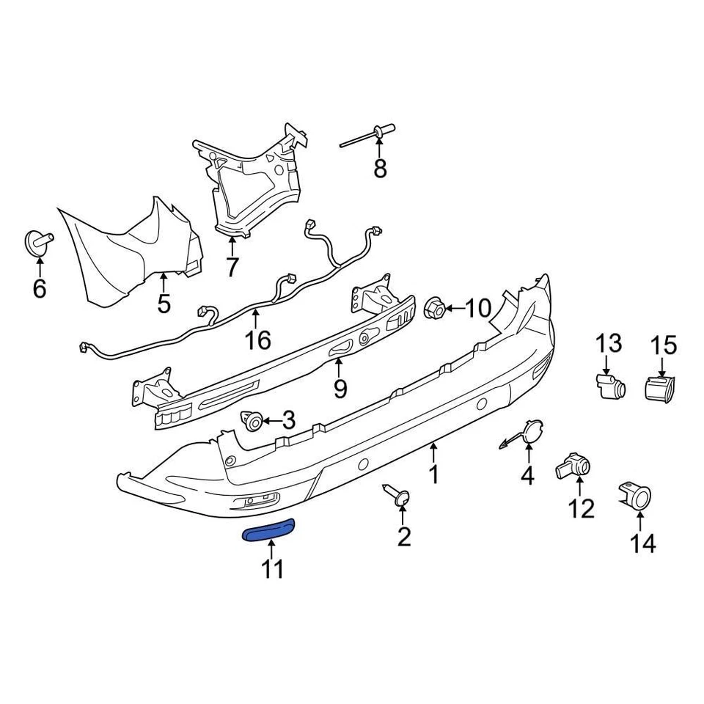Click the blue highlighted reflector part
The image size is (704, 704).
268,529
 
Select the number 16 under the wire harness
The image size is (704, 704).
257,340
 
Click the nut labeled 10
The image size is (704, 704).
433,309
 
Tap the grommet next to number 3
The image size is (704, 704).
253,421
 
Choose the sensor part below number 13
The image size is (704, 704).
609,384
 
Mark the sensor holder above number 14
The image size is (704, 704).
636,498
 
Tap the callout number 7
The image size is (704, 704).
232,268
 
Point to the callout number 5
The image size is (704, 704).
164,303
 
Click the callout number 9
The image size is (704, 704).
340,389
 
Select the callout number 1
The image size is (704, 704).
433,474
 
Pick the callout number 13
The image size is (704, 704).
608,343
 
